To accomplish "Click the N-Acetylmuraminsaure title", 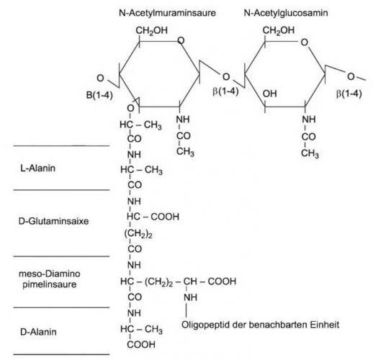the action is pos(167,13).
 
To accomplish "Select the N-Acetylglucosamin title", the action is pos(286,13).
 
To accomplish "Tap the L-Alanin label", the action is pos(38,168).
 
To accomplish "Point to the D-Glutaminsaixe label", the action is pos(53,221).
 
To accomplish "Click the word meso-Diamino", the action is pos(50,274).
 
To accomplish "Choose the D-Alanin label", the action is pos(38,332).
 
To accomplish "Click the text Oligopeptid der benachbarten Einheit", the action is pos(260,325).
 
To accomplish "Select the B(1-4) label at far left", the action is pos(99,95).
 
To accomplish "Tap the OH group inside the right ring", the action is pos(270,94).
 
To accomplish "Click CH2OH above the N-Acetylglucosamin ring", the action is pos(279,31).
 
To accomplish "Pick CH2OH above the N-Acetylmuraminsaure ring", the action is pos(152,31).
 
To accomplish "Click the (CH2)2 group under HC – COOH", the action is pos(138,233).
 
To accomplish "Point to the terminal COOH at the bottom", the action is pos(141,345).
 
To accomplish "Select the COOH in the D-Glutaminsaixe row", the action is pos(165,217).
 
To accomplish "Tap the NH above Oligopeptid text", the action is pos(190,297).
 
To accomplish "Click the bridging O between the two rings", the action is pos(226,77).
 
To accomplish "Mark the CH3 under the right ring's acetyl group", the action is pos(310,153).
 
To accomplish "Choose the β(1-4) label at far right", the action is pos(349,94).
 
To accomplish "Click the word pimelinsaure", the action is pos(50,284).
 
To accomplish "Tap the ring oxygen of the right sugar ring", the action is pos(305,42).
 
